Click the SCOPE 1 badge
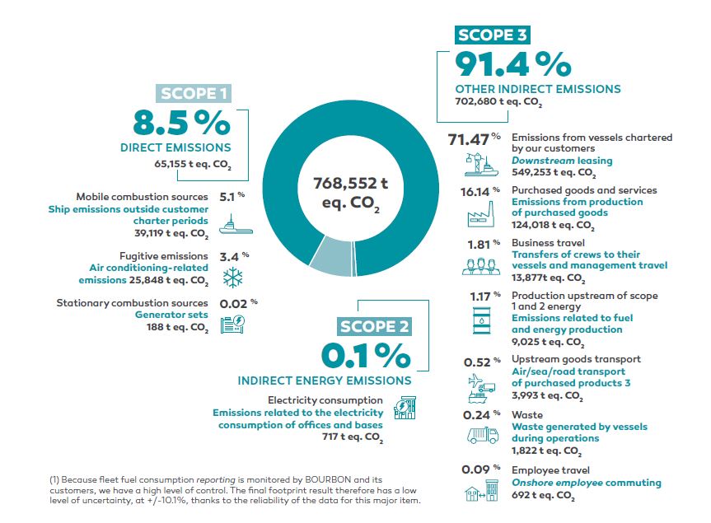pos(194,93)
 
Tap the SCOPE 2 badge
pos(374,326)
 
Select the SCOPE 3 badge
pos(492,35)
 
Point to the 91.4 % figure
pos(512,64)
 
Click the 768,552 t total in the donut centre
pos(350,183)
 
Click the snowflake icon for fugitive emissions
pos(233,278)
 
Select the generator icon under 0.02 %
pos(232,325)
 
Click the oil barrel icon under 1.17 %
pos(482,320)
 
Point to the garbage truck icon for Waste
pos(483,435)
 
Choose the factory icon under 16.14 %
pos(481,214)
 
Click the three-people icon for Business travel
pos(481,267)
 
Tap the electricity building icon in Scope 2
pos(405,408)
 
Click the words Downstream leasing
pos(562,161)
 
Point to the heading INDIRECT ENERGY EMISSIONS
pos(325,381)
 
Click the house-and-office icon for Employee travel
pos(482,491)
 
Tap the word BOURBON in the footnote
pos(328,479)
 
